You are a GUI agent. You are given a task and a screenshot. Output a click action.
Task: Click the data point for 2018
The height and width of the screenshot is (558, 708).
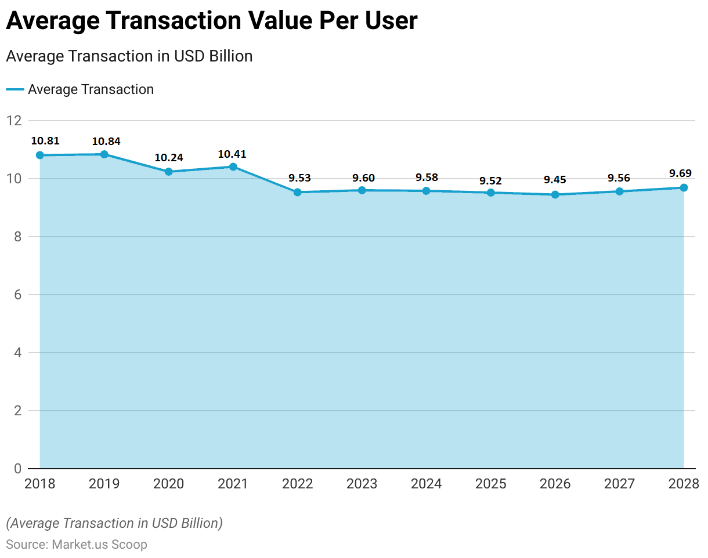39,155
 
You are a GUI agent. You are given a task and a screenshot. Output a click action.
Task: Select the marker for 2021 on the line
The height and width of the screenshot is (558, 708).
233,166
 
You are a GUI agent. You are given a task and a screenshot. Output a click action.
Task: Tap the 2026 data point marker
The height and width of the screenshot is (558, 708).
555,194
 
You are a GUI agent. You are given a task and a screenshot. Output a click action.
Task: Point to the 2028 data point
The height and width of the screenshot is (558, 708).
684,187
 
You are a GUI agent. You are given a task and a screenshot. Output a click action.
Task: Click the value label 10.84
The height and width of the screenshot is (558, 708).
106,141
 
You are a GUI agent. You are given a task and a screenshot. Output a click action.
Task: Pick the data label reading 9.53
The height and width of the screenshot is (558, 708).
299,178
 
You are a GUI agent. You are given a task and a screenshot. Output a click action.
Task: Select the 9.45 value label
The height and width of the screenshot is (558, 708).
556,180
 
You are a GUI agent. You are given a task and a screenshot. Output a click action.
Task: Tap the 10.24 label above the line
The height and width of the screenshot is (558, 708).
169,158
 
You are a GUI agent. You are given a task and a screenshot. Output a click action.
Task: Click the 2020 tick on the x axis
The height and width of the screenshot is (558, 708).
169,484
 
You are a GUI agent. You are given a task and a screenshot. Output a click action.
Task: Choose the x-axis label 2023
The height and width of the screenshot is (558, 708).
362,484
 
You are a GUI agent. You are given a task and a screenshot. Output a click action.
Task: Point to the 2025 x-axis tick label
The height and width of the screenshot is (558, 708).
490,484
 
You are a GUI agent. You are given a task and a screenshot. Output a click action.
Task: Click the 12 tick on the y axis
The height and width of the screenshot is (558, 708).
14,121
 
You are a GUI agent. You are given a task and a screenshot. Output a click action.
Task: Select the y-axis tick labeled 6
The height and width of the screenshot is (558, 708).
17,295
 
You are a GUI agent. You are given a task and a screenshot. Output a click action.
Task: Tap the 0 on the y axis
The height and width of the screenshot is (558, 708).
17,468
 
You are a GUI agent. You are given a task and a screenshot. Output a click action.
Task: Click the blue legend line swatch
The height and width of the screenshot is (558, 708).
15,89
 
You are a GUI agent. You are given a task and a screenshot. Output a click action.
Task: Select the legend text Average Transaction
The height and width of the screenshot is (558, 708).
91,89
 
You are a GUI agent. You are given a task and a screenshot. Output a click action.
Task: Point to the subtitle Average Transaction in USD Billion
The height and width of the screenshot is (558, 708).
129,56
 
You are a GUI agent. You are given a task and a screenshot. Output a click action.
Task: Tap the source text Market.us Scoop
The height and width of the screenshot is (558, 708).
99,545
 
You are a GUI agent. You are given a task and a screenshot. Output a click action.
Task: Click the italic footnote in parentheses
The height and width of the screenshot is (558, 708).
114,523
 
